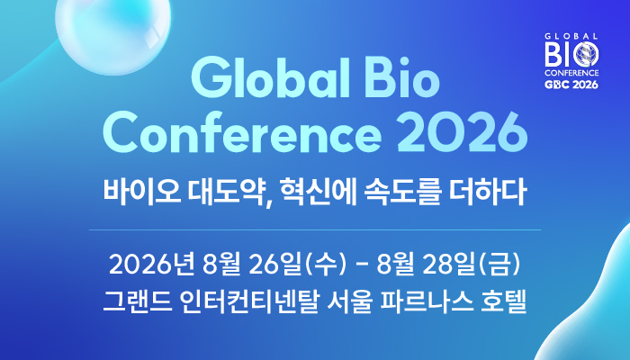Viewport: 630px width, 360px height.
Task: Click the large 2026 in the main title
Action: (x=462, y=133)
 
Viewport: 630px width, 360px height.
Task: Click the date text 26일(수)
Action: (x=297, y=265)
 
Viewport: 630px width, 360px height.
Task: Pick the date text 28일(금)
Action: (x=472, y=265)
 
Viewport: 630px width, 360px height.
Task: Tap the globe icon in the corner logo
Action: (x=586, y=55)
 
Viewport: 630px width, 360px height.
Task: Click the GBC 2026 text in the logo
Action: (x=571, y=85)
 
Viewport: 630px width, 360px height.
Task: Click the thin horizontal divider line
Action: (x=315, y=230)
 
